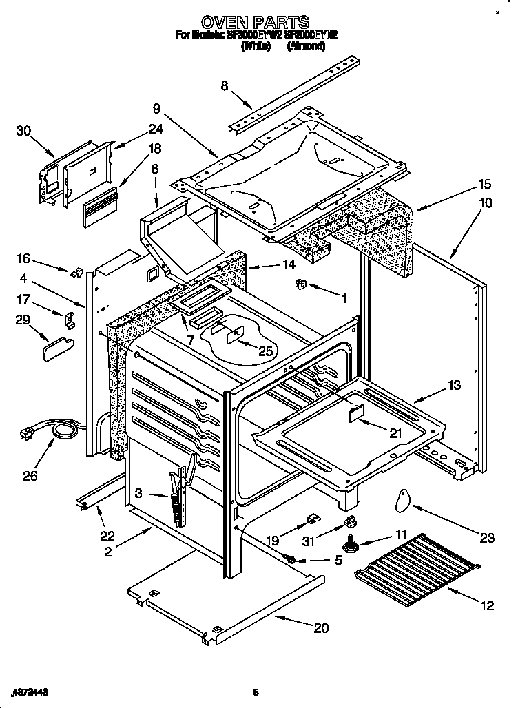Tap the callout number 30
(23, 132)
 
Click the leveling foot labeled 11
(353, 545)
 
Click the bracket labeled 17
(69, 320)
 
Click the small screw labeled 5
(290, 559)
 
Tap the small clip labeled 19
(311, 517)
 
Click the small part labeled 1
(300, 284)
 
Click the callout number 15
(466, 184)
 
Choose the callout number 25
(265, 351)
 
